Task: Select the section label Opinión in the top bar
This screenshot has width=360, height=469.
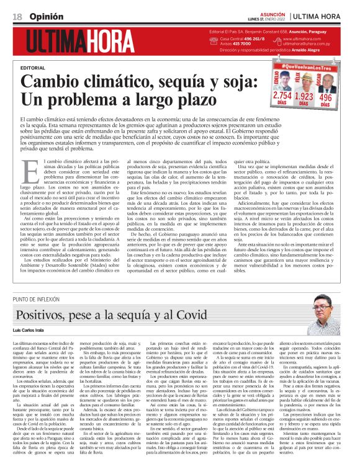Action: pyautogui.click(x=41, y=16)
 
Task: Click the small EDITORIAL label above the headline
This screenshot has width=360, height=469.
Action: pyautogui.click(x=33, y=67)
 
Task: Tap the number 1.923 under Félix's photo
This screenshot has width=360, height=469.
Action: pyautogui.click(x=304, y=97)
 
